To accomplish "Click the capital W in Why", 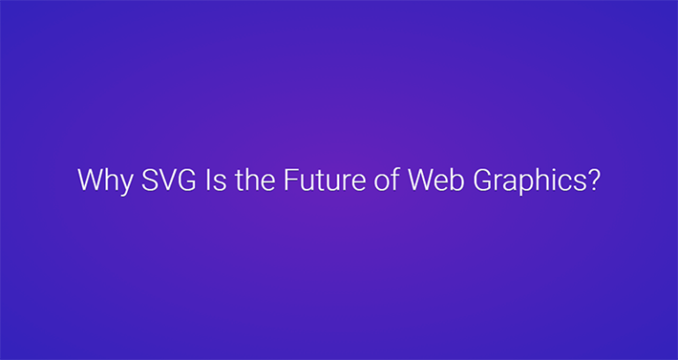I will click(x=89, y=180).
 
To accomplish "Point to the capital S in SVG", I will click(x=145, y=180).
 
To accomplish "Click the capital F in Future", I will click(x=290, y=180).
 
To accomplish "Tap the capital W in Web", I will click(x=419, y=180).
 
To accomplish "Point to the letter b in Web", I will click(x=451, y=180).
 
